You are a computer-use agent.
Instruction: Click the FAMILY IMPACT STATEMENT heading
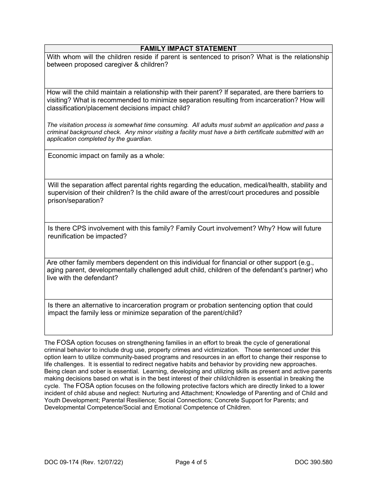coord(188,48)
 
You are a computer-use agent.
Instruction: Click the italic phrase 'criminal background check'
coord(82,132)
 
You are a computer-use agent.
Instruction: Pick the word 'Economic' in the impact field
coord(63,156)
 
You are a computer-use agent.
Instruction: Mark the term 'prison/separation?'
coord(75,200)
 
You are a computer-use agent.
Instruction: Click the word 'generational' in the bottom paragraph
coord(292,343)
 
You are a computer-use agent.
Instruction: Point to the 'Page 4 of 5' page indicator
coord(191,462)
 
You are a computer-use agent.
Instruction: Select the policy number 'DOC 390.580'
coord(313,462)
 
